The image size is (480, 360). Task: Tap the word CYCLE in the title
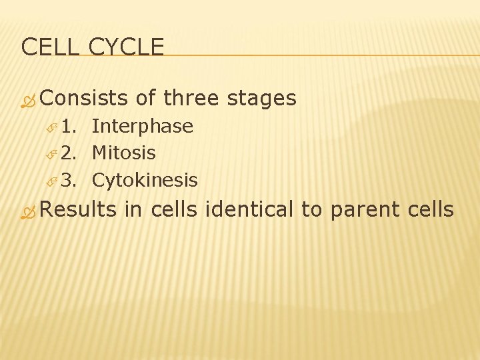(x=126, y=47)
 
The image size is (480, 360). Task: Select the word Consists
(x=84, y=99)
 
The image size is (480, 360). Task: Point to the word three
(x=191, y=99)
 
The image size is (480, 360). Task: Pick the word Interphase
(x=142, y=127)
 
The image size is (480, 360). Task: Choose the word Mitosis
(x=123, y=153)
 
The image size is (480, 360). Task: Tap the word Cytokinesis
(x=145, y=181)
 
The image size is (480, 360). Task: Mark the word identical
(x=250, y=209)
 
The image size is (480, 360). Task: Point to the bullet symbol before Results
(x=29, y=211)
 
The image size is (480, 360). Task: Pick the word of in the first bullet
(x=145, y=99)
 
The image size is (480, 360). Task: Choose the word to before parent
(x=311, y=209)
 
